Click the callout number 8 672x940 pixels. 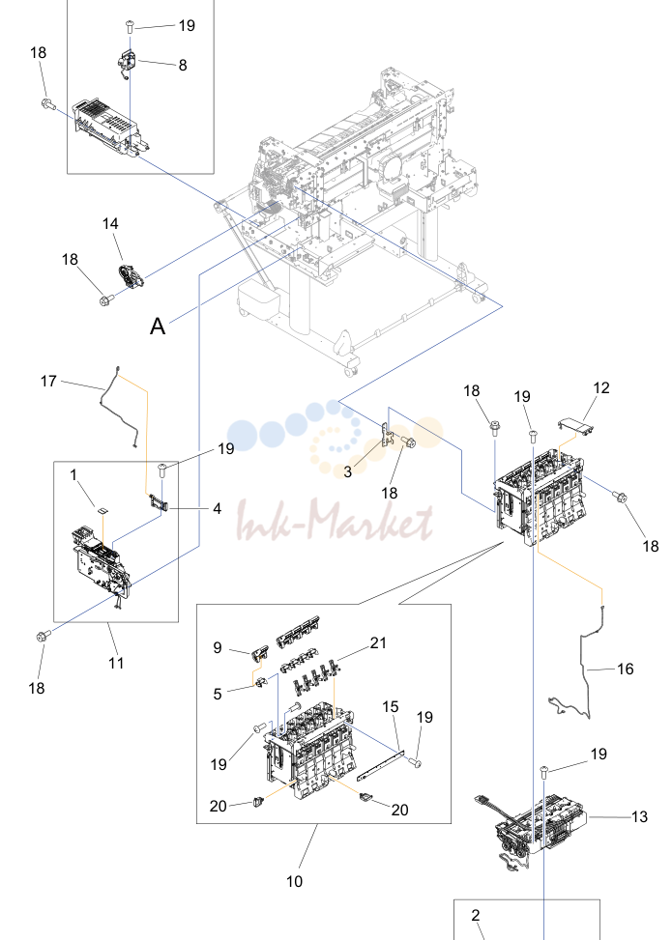(x=183, y=66)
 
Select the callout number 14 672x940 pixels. (x=110, y=223)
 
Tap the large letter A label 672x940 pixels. (x=158, y=327)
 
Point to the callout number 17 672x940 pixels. (x=48, y=381)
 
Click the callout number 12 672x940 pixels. (x=601, y=387)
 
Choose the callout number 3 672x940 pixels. (x=348, y=471)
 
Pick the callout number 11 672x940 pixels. (x=116, y=663)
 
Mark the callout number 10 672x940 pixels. (x=295, y=881)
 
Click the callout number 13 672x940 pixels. (x=639, y=816)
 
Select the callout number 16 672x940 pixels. (x=626, y=669)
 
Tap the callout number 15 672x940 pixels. (x=390, y=707)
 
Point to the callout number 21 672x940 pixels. (x=378, y=642)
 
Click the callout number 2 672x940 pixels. (x=475, y=916)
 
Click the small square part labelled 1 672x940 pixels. (x=103, y=511)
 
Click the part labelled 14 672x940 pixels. (x=131, y=276)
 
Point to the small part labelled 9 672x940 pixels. (x=258, y=653)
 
